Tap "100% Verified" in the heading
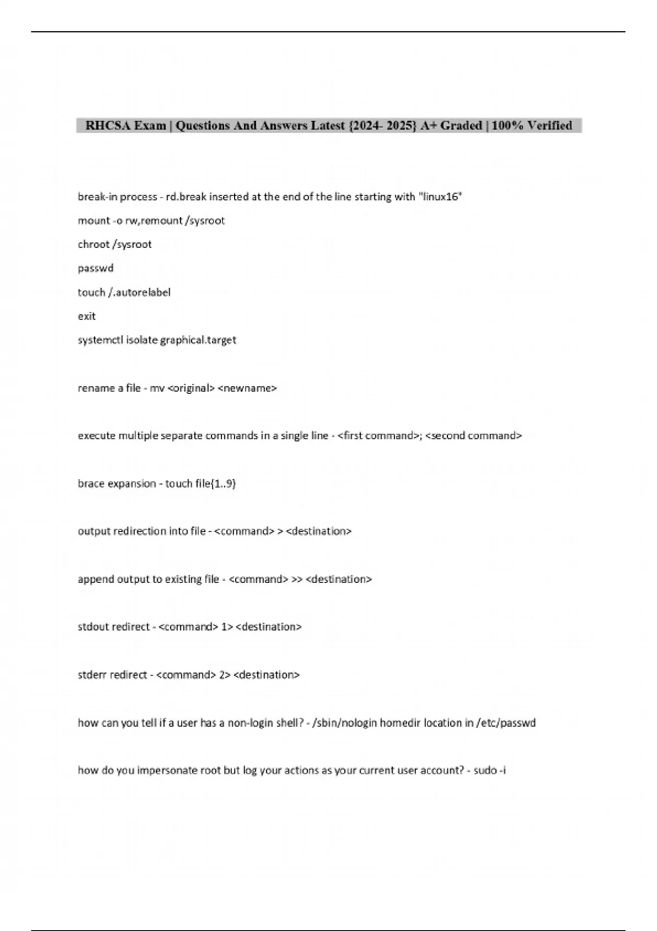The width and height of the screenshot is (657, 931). click(x=532, y=125)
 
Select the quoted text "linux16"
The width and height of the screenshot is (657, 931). click(x=440, y=197)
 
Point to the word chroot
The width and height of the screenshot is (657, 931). click(x=93, y=244)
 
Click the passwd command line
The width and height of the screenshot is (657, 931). click(x=96, y=268)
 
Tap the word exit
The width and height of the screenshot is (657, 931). click(x=87, y=316)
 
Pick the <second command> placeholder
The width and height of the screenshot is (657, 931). click(x=473, y=436)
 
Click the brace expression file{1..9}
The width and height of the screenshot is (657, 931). click(x=215, y=484)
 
